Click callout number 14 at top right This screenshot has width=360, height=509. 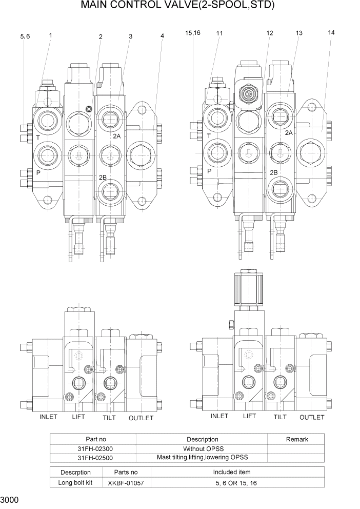tap(331, 32)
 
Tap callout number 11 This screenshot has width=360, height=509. tap(219, 33)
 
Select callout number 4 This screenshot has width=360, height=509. tap(162, 36)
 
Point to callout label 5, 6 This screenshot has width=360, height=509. tap(25, 36)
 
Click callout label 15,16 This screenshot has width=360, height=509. tap(192, 33)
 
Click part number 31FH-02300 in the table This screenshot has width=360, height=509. tap(92, 448)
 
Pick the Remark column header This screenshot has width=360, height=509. tap(296, 439)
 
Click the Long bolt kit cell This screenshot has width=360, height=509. tap(75, 482)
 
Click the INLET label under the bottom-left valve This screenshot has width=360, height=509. tap(48, 417)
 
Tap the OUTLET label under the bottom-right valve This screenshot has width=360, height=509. tap(312, 417)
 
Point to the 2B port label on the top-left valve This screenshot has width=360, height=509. tap(103, 177)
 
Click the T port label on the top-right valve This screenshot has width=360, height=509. tap(209, 136)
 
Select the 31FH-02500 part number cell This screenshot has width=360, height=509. tap(92, 457)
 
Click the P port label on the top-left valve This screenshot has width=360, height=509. tap(38, 173)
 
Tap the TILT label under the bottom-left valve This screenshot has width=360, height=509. tap(109, 418)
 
